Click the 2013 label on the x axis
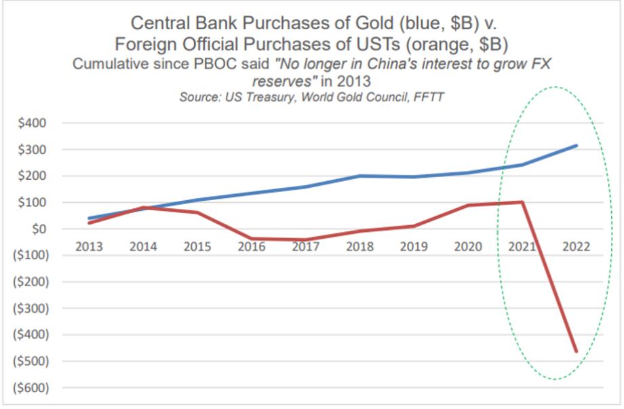point(90,247)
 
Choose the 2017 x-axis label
point(305,247)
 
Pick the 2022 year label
point(574,247)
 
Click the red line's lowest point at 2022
point(577,351)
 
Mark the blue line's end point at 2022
point(577,145)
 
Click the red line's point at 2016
point(251,239)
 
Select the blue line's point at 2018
point(359,176)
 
